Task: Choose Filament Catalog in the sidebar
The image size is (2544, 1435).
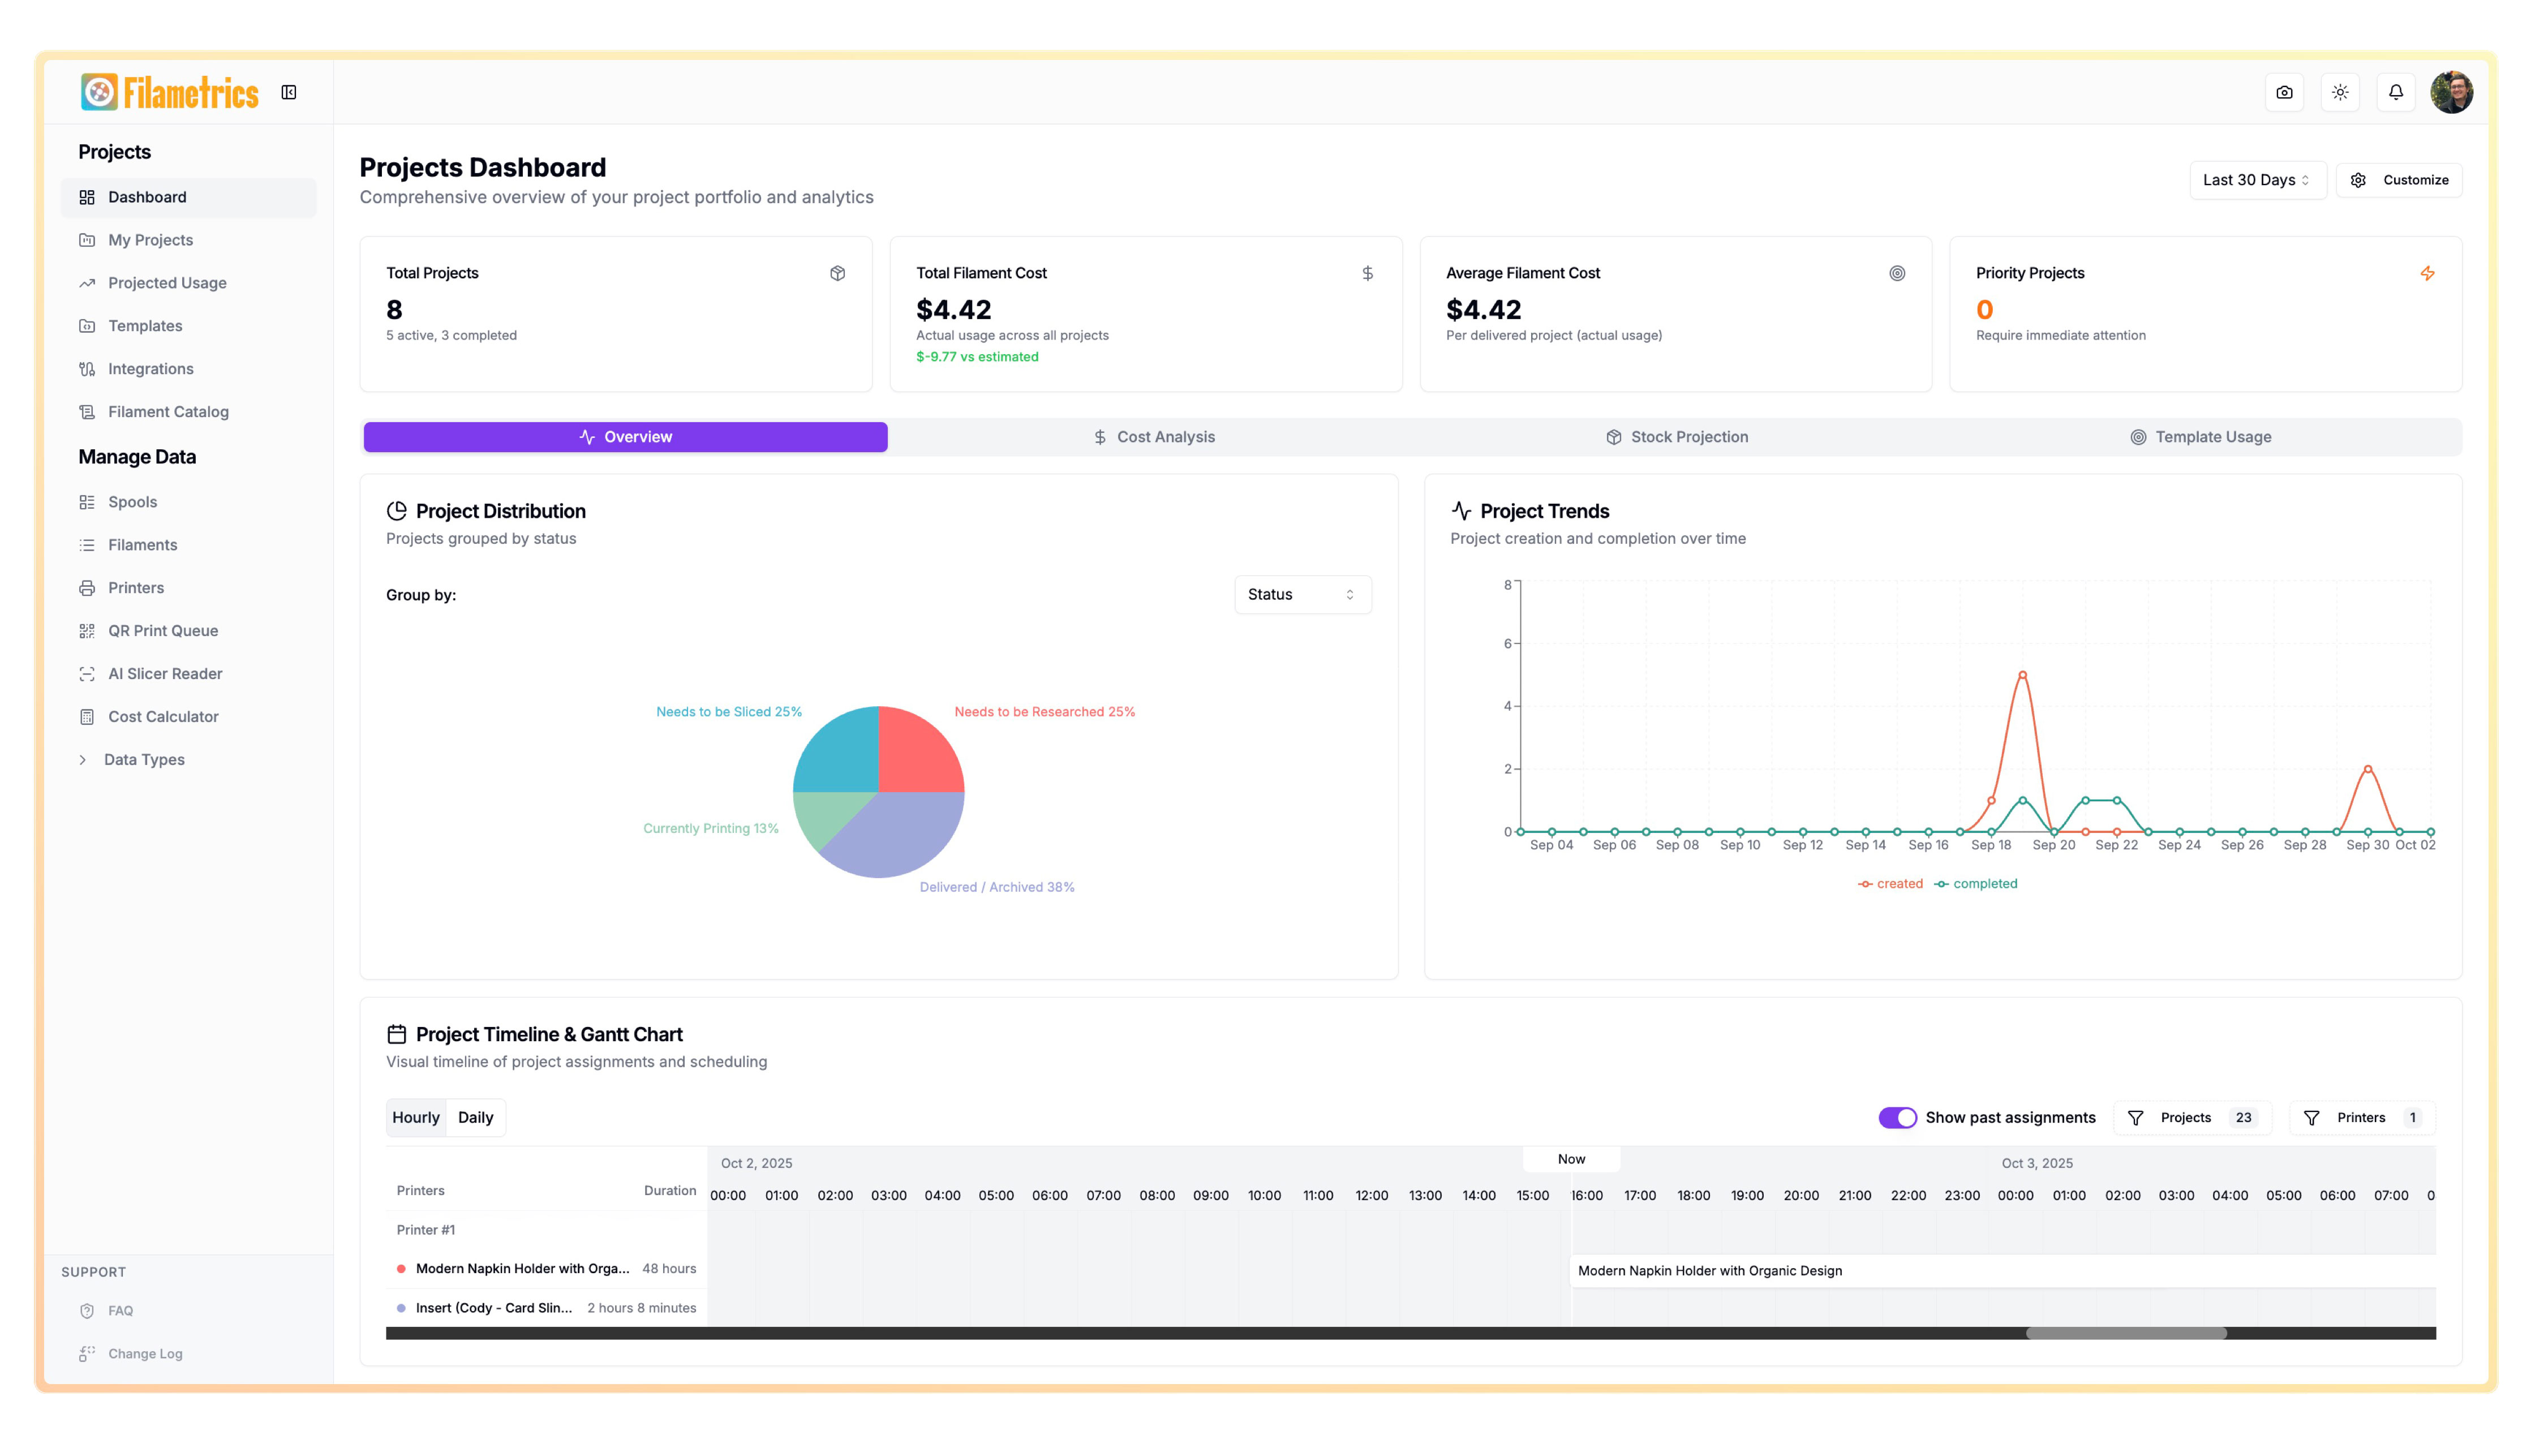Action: (x=168, y=412)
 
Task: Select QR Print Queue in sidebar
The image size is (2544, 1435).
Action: (x=163, y=630)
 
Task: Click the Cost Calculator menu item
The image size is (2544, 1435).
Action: (x=163, y=716)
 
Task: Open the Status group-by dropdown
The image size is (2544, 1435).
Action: (x=1301, y=595)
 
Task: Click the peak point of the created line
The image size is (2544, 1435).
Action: (x=2022, y=676)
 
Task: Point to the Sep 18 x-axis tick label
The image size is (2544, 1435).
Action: (x=1990, y=845)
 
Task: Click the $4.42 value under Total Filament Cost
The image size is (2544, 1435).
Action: (x=953, y=310)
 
